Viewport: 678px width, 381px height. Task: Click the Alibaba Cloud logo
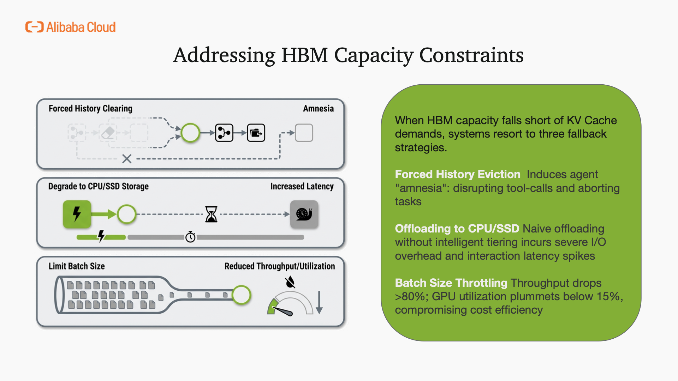[x=71, y=27]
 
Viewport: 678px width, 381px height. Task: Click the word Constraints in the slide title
[x=471, y=55]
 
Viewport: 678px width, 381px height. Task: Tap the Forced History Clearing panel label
[x=90, y=109]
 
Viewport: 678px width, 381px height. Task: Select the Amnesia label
[x=318, y=109]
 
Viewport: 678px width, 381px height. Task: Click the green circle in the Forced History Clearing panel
[x=190, y=133]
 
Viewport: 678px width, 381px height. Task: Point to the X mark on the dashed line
[x=127, y=159]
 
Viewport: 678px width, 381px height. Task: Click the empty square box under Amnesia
[x=304, y=133]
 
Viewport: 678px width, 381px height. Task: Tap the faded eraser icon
[x=108, y=133]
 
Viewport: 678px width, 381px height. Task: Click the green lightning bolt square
[x=77, y=214]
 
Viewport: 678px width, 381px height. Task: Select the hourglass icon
[x=211, y=214]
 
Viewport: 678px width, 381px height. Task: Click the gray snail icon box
[x=304, y=214]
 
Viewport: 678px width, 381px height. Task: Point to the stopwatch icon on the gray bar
[x=190, y=237]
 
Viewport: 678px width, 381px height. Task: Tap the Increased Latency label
[x=302, y=186]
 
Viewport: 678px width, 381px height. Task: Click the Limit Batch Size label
[x=77, y=266]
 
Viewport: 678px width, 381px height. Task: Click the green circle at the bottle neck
[x=242, y=295]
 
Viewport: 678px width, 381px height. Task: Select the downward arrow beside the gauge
[x=319, y=303]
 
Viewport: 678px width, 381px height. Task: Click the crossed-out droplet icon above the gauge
[x=290, y=282]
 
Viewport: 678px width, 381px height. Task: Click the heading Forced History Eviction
[x=458, y=174]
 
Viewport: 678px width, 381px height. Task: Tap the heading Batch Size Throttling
[x=451, y=283]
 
